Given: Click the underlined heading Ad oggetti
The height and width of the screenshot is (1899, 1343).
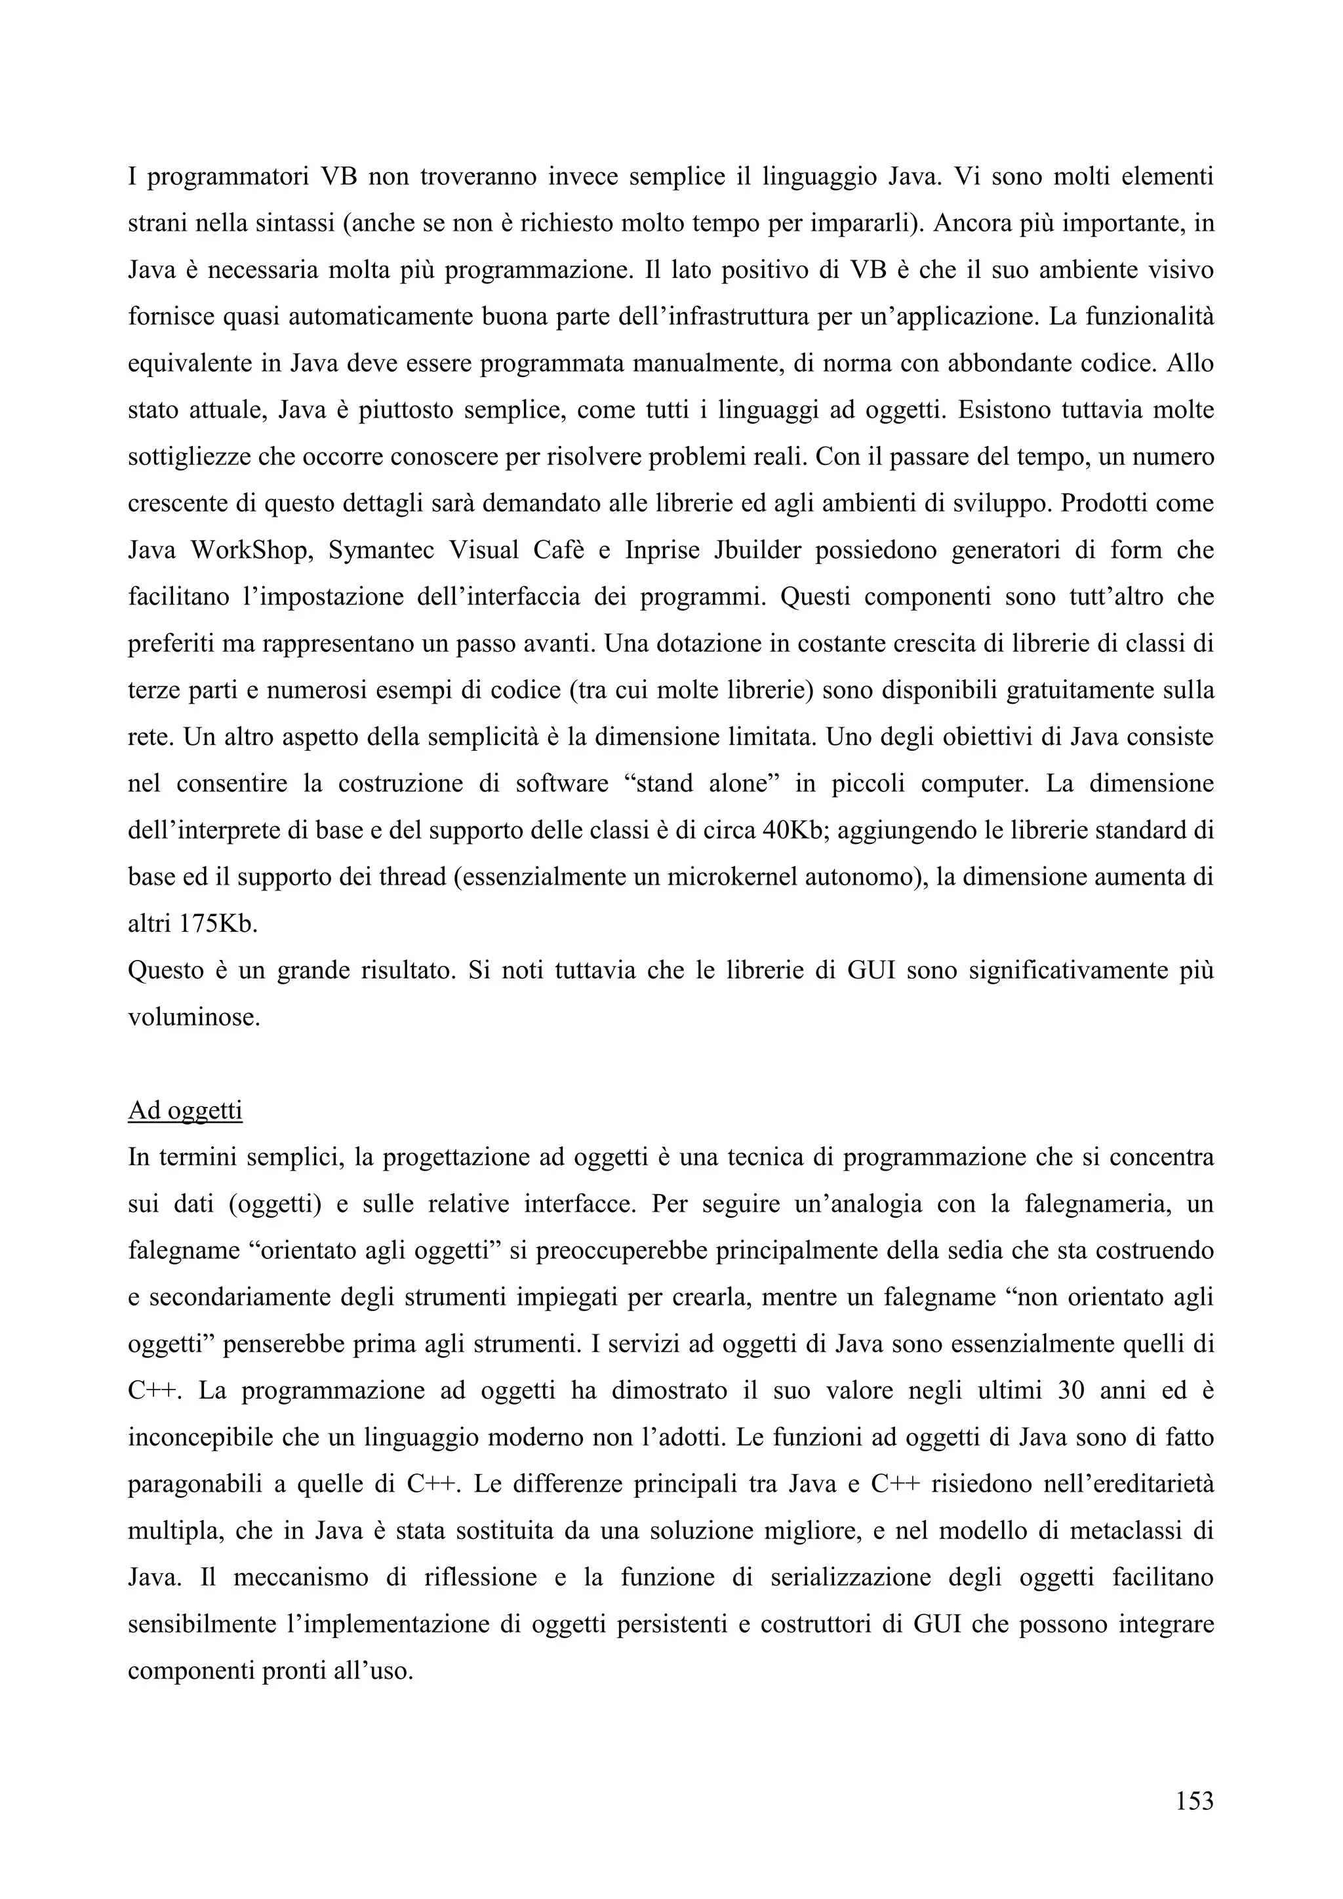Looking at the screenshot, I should tap(185, 1111).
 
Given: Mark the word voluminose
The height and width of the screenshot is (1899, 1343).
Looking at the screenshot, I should tap(194, 1016).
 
